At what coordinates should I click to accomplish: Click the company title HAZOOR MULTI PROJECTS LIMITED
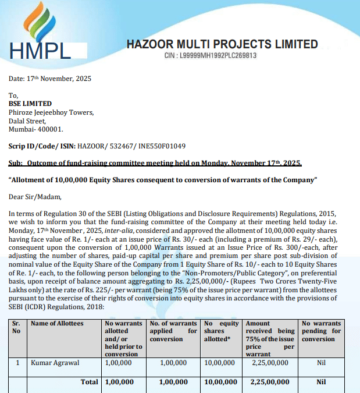(x=222, y=44)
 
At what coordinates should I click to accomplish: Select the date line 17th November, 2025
(x=50, y=79)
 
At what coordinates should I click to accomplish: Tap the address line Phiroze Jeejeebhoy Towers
(x=51, y=113)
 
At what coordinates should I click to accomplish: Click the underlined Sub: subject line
(x=155, y=163)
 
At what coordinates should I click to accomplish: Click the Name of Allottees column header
(x=57, y=324)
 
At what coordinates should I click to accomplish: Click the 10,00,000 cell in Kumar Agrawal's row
(x=220, y=363)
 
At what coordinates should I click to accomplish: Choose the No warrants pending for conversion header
(x=320, y=331)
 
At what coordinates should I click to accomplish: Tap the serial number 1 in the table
(x=18, y=363)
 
